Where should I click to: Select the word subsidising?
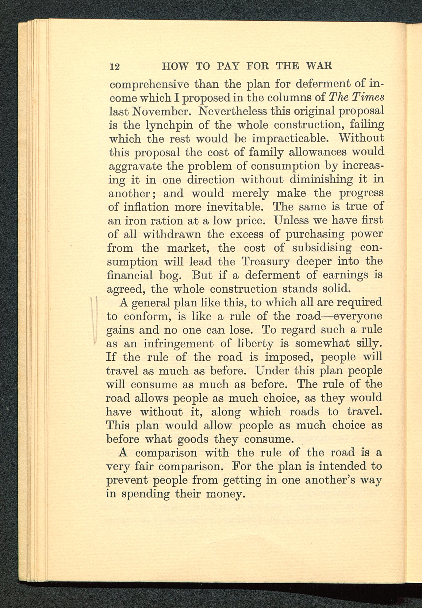pyautogui.click(x=322, y=248)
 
